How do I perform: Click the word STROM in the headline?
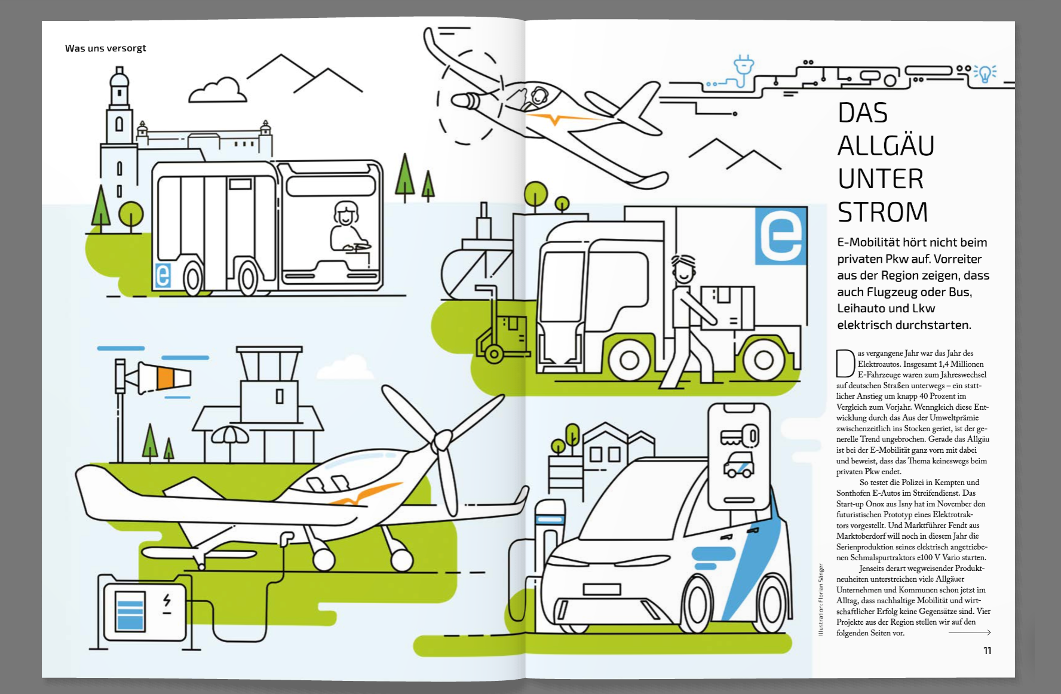pos(882,212)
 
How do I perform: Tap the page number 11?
pos(987,650)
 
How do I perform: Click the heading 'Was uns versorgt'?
pos(105,48)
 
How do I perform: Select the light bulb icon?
pos(985,73)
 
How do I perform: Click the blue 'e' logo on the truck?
pos(781,235)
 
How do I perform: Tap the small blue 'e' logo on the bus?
pos(162,275)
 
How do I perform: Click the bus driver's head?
pos(345,213)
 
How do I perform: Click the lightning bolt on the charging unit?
pos(167,602)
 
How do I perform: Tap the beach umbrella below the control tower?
pos(230,435)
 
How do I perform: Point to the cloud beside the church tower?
pos(217,91)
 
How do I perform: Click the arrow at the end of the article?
pos(970,632)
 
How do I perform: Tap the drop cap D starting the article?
pos(845,364)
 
